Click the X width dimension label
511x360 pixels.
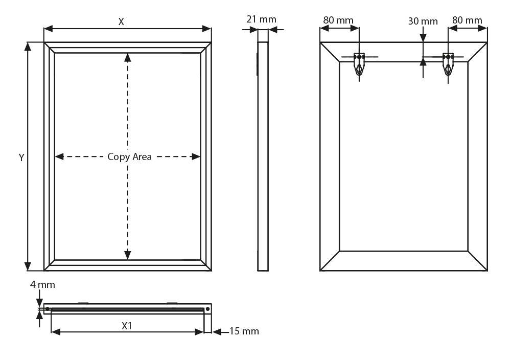point(121,22)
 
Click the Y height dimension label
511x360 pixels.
point(21,157)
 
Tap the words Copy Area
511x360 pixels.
point(129,157)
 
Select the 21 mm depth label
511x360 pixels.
point(261,19)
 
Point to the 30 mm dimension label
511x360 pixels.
point(423,21)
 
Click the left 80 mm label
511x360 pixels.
point(338,20)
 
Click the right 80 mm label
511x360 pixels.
point(467,20)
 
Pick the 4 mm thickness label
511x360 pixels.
point(42,285)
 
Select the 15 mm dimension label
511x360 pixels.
point(244,331)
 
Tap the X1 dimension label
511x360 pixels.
point(127,326)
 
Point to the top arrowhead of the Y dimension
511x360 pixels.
point(28,47)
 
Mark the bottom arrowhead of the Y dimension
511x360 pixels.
point(28,266)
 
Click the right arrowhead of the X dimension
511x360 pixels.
point(206,29)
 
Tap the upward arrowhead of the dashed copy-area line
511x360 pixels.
point(128,58)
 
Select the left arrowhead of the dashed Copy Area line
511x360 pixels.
point(59,157)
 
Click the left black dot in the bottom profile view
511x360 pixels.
point(48,309)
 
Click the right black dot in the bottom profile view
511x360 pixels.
point(207,309)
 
